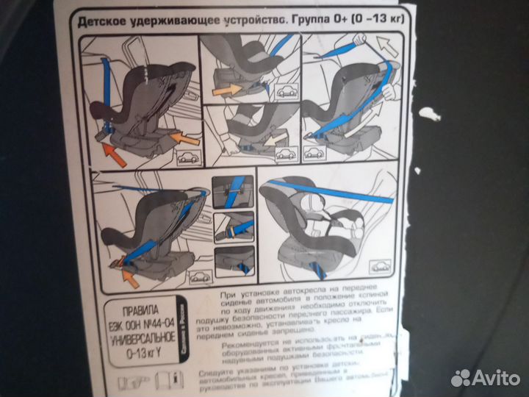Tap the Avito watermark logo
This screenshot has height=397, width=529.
click(486, 377)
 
